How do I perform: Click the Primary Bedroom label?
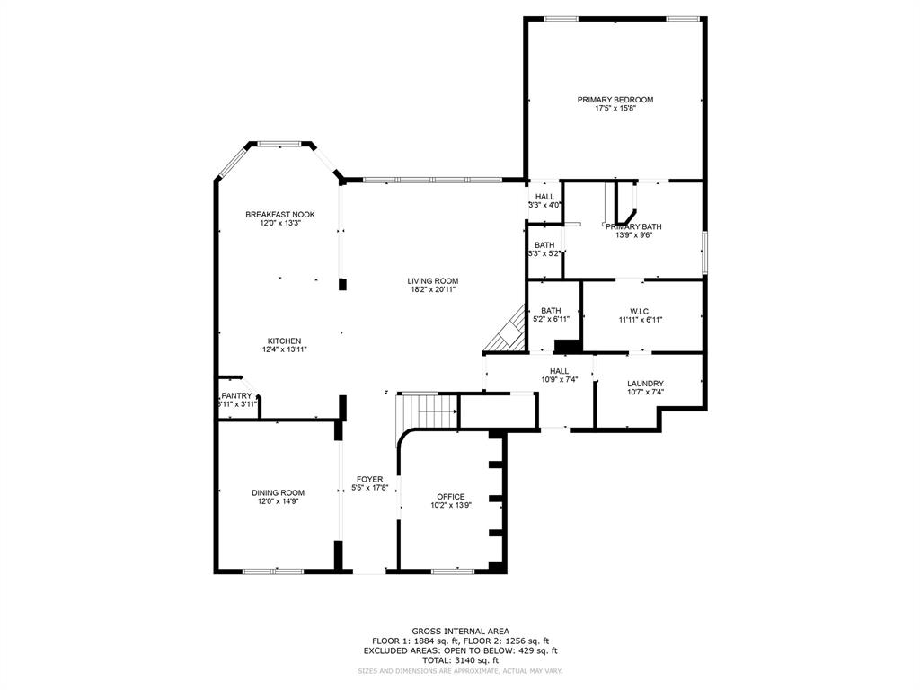[615, 100]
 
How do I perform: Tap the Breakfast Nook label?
[280, 214]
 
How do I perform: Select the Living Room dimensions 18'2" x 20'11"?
[433, 290]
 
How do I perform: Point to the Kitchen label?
[284, 341]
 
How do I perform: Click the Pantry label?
[237, 395]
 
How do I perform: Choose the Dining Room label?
[278, 492]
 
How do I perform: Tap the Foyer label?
[369, 479]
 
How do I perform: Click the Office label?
[451, 497]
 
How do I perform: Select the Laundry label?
[645, 384]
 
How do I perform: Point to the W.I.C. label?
[640, 311]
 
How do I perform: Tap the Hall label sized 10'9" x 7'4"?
[559, 371]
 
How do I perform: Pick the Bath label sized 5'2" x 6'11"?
[551, 311]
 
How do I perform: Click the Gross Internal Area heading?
[459, 632]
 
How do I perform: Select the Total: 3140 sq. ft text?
[459, 660]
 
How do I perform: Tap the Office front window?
[454, 571]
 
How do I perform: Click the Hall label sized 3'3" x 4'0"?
[544, 197]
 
